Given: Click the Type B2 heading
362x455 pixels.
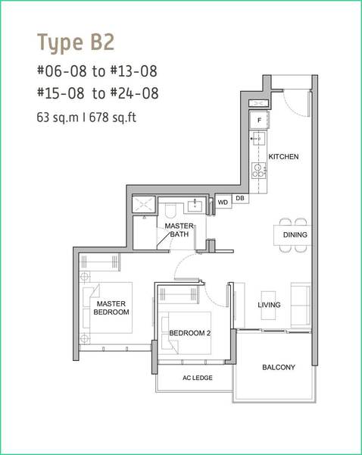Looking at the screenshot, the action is tap(76, 43).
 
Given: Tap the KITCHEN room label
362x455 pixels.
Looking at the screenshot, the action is tap(283, 157).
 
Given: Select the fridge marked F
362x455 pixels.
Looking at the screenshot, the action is tap(259, 120).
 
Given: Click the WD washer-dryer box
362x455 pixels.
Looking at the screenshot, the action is tap(223, 202).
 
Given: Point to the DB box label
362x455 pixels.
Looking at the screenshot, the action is tap(240, 198).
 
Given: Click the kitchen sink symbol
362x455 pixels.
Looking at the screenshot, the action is tap(258, 139).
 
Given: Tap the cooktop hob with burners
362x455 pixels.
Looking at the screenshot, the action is tap(258, 170).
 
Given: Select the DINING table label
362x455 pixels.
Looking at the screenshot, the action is tap(295, 235).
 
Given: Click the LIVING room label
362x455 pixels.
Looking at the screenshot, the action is tap(269, 305).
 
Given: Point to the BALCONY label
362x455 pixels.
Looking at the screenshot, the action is tap(279, 367).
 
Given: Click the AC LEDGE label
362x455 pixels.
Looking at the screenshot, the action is tap(198, 378).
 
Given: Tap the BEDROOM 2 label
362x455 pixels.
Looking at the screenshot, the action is tap(190, 333).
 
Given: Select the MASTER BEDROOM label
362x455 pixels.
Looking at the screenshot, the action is tap(111, 308).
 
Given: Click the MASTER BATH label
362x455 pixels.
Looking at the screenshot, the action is tap(179, 230).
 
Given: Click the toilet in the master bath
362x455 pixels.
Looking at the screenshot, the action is tap(170, 210).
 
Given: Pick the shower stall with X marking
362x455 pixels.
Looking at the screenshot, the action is tap(144, 204).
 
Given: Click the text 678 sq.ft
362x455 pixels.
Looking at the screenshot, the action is tap(113, 118).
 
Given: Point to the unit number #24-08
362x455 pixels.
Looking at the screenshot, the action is tap(135, 93).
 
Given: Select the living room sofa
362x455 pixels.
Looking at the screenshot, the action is tap(301, 306).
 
